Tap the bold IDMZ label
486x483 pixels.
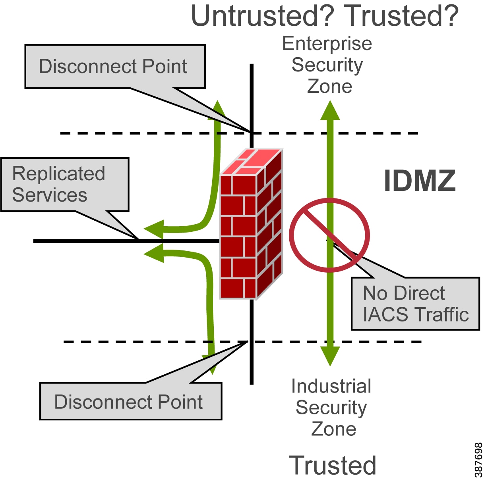click(x=420, y=181)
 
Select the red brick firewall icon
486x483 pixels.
click(x=251, y=225)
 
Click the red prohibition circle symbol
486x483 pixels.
click(x=329, y=235)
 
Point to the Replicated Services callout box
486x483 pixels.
click(x=65, y=185)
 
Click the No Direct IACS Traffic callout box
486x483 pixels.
click(x=415, y=304)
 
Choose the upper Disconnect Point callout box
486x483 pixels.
click(x=115, y=66)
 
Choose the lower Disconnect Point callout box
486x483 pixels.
click(x=130, y=401)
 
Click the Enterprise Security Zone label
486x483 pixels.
click(x=327, y=65)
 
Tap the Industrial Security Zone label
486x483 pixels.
click(x=331, y=408)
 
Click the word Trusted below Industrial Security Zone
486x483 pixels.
click(x=333, y=465)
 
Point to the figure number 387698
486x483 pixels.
click(x=478, y=460)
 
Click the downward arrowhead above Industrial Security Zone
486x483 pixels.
click(x=330, y=356)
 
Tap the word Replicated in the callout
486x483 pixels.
click(x=58, y=174)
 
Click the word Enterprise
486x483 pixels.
click(x=327, y=44)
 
